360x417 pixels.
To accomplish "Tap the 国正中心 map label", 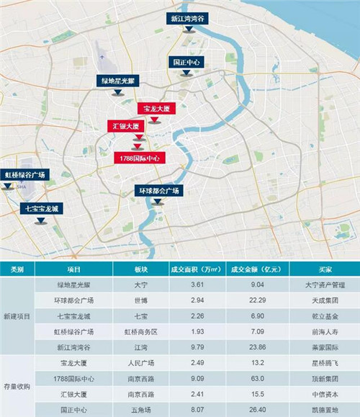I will click(x=186, y=63).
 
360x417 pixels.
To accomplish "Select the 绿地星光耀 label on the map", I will click(x=120, y=82).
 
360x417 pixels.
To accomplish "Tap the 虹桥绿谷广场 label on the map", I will click(x=24, y=175).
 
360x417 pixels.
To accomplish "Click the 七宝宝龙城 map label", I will click(x=40, y=210).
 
